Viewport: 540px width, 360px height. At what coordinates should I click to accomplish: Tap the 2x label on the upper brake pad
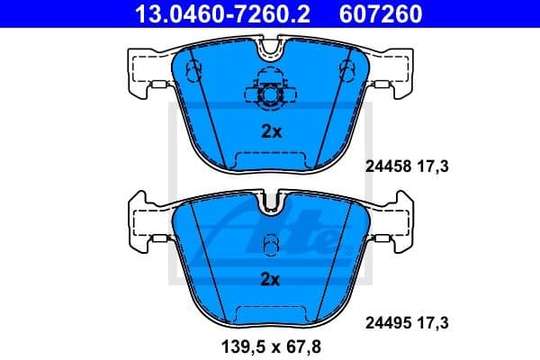[271, 131]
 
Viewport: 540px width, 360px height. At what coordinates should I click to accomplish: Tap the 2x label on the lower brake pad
[271, 279]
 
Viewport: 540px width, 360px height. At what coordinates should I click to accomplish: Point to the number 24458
[386, 166]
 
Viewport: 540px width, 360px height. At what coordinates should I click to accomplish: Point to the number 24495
[386, 319]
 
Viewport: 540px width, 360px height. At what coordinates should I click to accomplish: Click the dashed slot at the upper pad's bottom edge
[270, 160]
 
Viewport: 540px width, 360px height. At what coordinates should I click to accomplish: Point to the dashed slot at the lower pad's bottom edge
[270, 313]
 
